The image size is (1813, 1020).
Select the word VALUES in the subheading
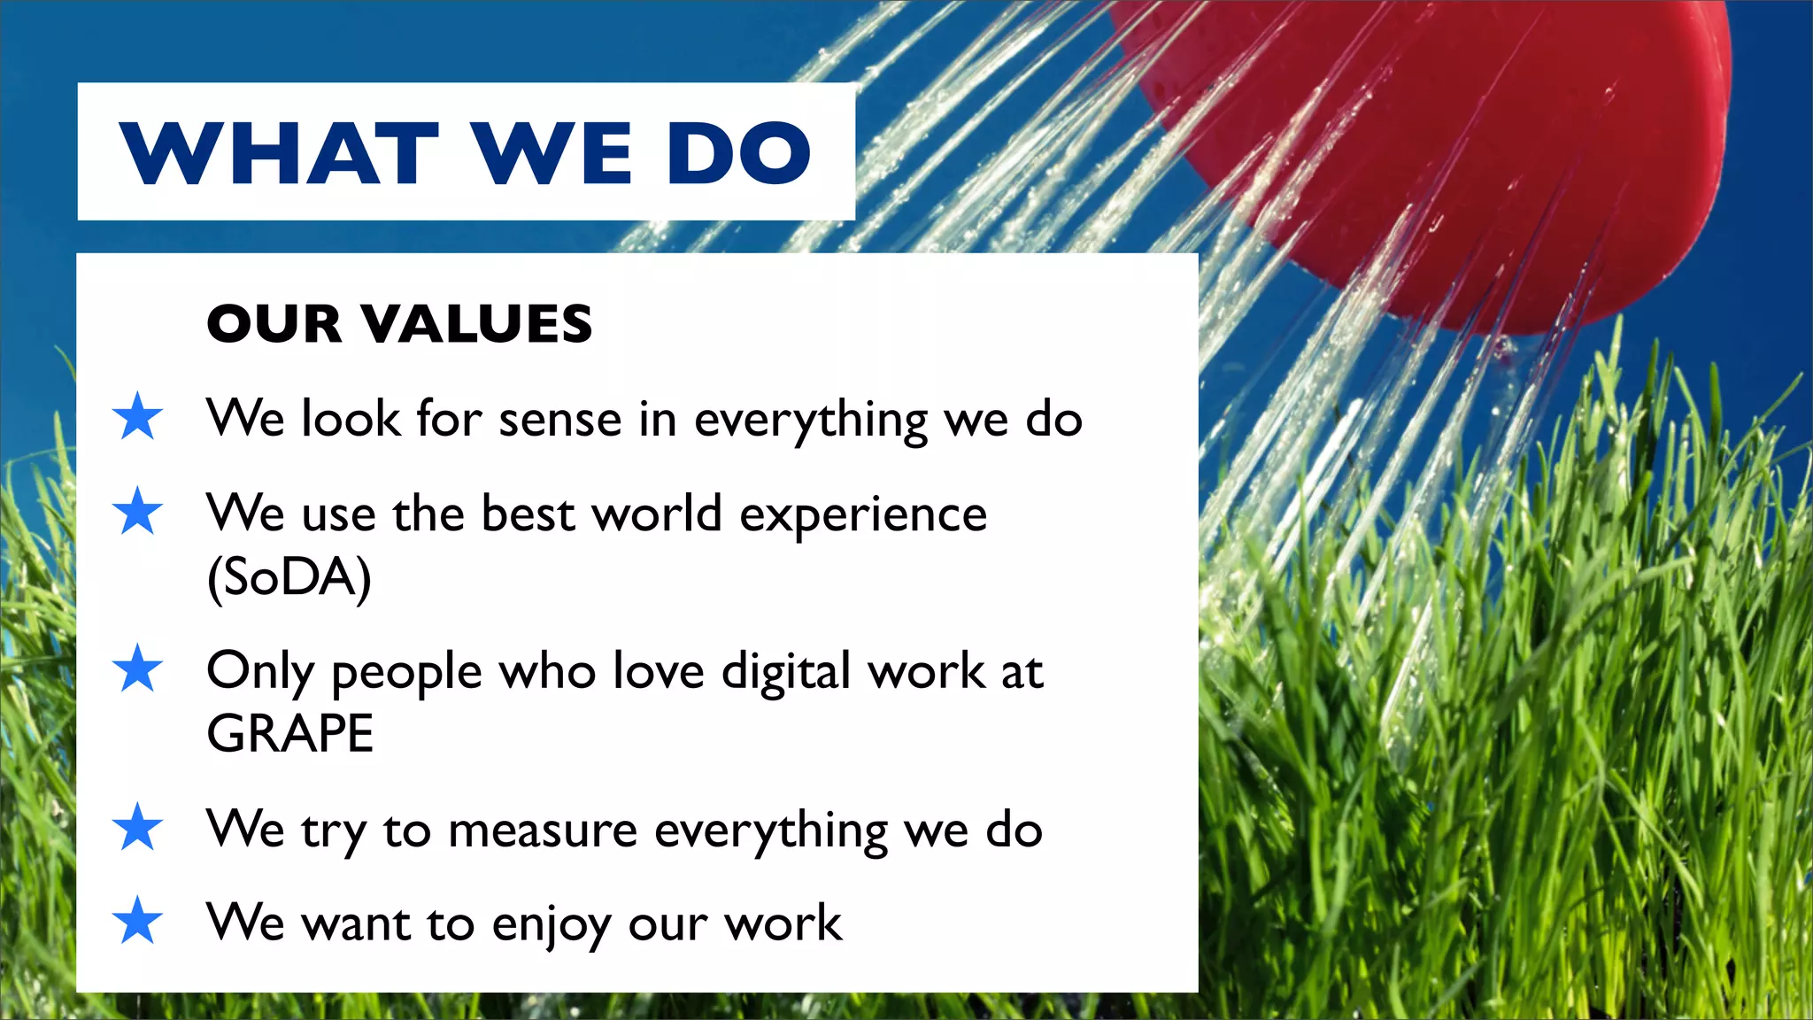coord(477,323)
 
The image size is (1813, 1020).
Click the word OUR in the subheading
coord(274,323)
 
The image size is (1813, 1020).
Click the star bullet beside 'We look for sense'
coord(138,417)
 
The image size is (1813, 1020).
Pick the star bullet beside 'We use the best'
coord(138,512)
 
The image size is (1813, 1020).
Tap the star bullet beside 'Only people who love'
coord(138,669)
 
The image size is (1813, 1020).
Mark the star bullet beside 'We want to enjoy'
coord(138,922)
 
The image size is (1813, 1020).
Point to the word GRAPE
coord(289,733)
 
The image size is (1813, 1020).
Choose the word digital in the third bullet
coord(786,671)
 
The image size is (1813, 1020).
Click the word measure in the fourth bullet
coord(542,831)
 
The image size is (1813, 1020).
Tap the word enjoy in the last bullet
coord(551,924)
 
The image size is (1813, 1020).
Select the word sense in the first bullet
coord(559,419)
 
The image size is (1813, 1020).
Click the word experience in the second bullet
coord(863,514)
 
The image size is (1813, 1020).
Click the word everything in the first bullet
coord(810,420)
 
